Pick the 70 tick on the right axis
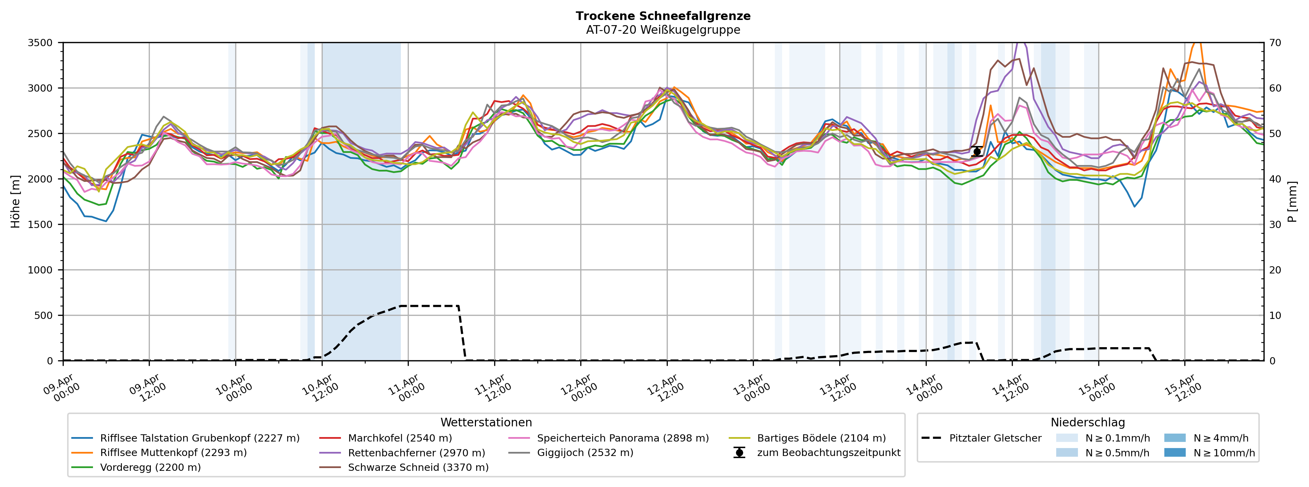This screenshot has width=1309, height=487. (x=1276, y=43)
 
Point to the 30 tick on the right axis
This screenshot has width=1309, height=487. (x=1276, y=225)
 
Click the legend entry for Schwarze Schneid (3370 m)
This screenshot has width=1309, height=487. (x=418, y=467)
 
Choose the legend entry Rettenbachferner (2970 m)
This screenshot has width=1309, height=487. (x=416, y=453)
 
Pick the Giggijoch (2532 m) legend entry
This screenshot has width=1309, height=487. (x=585, y=453)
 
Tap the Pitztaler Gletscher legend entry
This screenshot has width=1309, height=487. (x=995, y=438)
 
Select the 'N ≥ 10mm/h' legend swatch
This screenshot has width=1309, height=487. (x=1174, y=453)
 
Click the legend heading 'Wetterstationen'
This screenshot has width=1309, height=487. (x=486, y=423)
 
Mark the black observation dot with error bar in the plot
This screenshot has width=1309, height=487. (x=977, y=152)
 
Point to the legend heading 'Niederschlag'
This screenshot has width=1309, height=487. (x=1088, y=423)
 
